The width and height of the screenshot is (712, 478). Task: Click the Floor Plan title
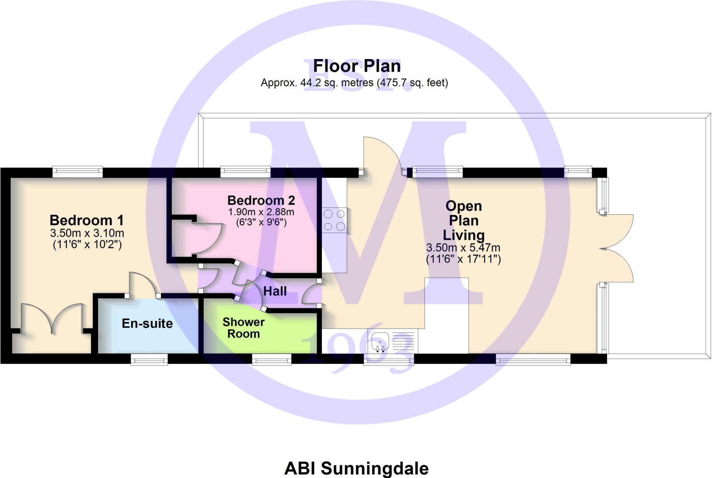coord(357,66)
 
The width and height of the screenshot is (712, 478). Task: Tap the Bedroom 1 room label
coord(87,220)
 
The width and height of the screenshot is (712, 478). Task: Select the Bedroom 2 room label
coord(261,200)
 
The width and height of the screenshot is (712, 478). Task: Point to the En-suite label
coord(147,323)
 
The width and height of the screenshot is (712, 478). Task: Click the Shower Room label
coord(243,328)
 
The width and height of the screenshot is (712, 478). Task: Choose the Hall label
coord(275,291)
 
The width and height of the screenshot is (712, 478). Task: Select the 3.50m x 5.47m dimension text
coord(463,248)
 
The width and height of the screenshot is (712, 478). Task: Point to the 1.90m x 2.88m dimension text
coord(261,212)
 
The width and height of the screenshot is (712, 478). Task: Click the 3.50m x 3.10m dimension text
coord(87,233)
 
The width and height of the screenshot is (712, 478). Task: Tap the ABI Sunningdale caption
coord(356,468)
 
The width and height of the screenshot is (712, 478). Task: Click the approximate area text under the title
coord(354,83)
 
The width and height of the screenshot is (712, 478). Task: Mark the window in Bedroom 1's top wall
coord(78,171)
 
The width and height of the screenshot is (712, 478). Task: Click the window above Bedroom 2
coord(245,171)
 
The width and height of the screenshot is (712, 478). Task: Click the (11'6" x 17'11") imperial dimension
coord(463,259)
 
